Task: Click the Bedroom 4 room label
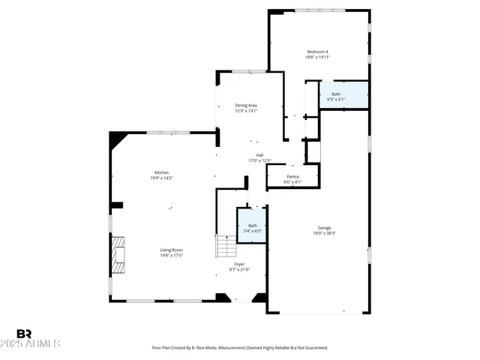click(x=317, y=52)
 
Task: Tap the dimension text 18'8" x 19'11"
click(x=317, y=57)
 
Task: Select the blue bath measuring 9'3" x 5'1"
click(x=343, y=95)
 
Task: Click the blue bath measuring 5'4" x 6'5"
click(x=253, y=227)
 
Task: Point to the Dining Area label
click(x=246, y=106)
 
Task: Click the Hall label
click(x=259, y=155)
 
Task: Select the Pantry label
click(x=292, y=177)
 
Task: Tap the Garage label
click(x=324, y=228)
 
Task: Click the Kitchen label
click(x=161, y=173)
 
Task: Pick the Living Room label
click(x=171, y=250)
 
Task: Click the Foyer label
click(x=239, y=264)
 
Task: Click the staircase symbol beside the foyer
click(x=226, y=246)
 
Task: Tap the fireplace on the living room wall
click(x=117, y=255)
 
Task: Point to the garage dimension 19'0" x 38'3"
click(x=324, y=233)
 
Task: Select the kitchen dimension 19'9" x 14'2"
click(x=161, y=178)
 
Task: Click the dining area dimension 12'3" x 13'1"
click(x=246, y=111)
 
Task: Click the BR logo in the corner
click(x=24, y=334)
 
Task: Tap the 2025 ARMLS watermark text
click(x=37, y=343)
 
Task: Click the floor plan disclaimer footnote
click(x=239, y=348)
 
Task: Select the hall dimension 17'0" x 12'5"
click(x=259, y=160)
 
